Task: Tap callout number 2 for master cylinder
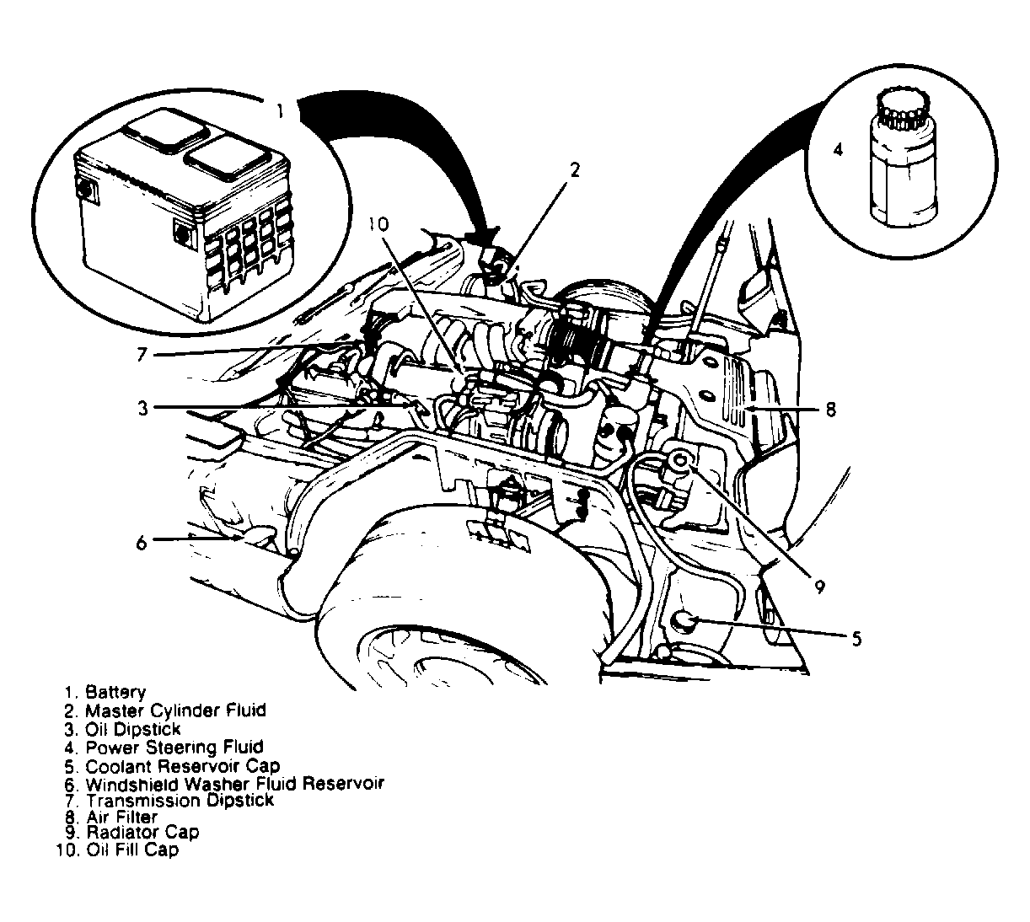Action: click(575, 170)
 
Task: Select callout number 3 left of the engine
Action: click(144, 408)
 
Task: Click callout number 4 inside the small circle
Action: click(839, 150)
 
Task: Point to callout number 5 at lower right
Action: click(856, 638)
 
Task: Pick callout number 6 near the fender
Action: click(142, 542)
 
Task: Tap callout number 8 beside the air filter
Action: click(830, 410)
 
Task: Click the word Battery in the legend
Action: click(115, 693)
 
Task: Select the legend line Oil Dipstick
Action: click(132, 728)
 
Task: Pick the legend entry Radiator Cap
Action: click(142, 832)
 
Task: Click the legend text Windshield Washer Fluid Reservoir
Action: click(234, 783)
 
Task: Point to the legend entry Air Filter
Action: click(121, 817)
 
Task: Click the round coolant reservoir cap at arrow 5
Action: click(684, 623)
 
